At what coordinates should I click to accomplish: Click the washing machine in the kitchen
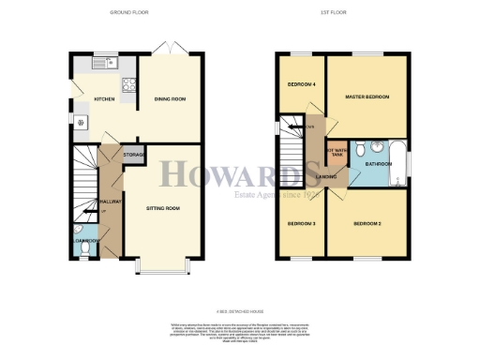coord(80,123)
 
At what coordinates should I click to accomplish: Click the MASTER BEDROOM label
coord(367,97)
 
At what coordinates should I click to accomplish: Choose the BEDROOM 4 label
coord(299,84)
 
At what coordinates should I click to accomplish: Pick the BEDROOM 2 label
coord(367,224)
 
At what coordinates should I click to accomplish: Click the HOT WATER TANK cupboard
coord(336,153)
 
